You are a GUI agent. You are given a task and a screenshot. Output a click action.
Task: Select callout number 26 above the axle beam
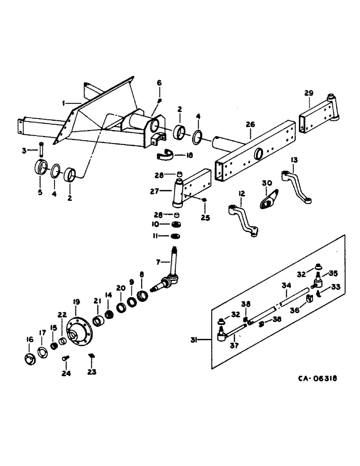[250, 124]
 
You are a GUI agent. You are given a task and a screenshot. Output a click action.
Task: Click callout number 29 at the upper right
[308, 94]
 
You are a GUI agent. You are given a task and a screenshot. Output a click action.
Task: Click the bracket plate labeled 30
[269, 197]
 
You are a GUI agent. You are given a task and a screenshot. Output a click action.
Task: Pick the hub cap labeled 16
[30, 359]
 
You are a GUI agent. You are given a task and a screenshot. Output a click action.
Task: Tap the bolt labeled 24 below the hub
[65, 359]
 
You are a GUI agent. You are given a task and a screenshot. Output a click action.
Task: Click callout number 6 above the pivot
[159, 82]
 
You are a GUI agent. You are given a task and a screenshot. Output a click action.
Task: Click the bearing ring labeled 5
[42, 166]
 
